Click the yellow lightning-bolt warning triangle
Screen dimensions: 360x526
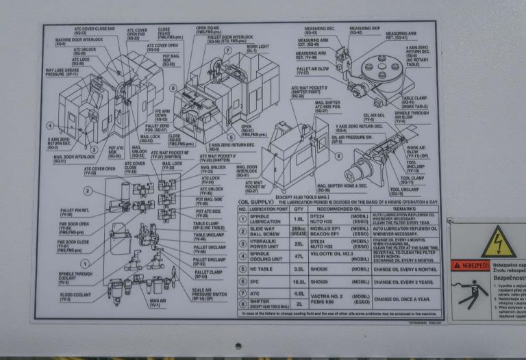pos(497,242)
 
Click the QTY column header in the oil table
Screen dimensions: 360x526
pos(298,209)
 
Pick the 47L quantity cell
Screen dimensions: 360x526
pos(298,256)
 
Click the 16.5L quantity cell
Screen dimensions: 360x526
pos(298,281)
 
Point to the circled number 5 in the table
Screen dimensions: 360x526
pos(242,269)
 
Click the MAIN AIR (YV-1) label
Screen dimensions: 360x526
pos(158,303)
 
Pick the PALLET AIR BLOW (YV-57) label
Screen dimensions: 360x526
pos(312,70)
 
